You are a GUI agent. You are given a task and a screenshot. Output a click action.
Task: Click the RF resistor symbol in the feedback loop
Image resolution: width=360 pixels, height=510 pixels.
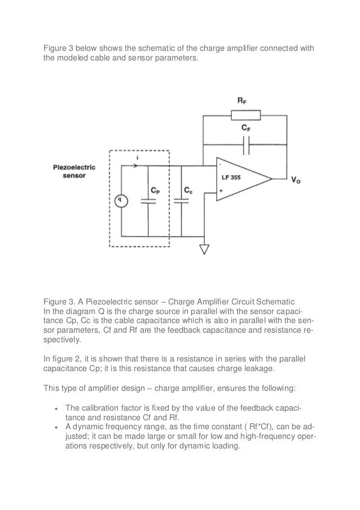(245, 116)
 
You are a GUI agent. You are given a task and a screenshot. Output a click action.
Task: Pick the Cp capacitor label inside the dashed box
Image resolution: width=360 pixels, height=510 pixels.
(156, 190)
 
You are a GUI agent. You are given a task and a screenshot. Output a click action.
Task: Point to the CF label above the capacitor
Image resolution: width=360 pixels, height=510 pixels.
(245, 129)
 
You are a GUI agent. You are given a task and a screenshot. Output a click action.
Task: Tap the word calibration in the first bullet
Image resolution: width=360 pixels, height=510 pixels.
(100, 408)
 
